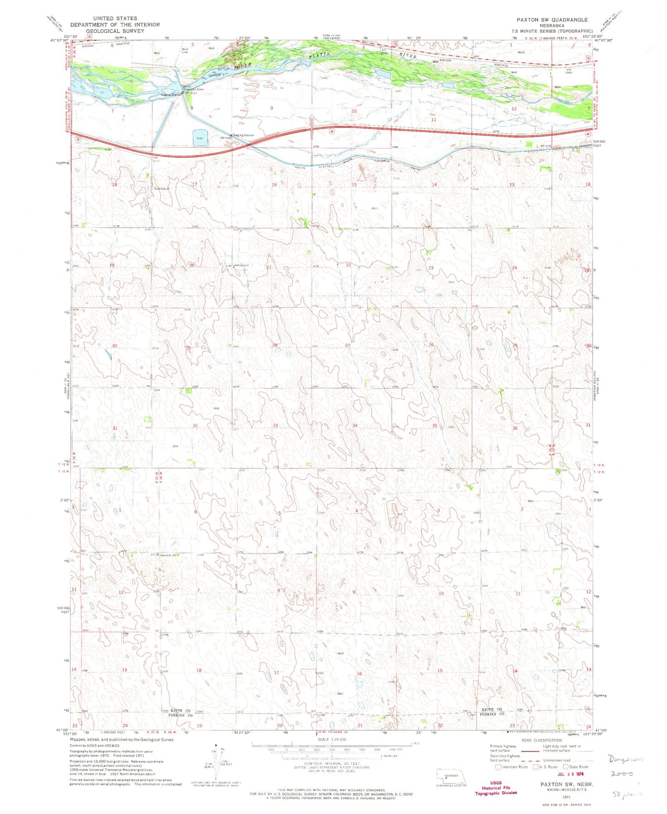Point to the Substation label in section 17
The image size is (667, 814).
coord(162,189)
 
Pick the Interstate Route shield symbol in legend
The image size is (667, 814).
coord(498,767)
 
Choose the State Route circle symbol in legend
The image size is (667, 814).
coord(566,767)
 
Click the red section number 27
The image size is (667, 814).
coord(348,345)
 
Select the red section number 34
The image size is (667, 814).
coord(355,425)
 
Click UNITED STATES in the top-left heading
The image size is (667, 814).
coord(115,18)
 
